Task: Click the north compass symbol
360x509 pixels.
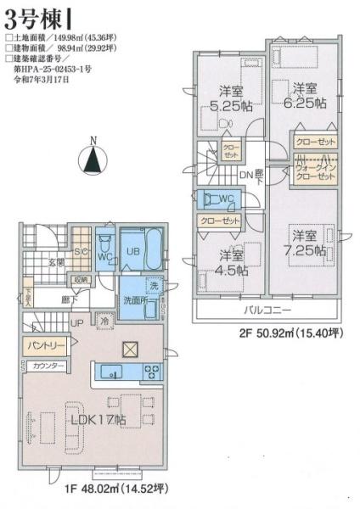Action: (94, 157)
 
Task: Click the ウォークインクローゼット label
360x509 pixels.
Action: (316, 171)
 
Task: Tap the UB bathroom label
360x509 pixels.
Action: (133, 253)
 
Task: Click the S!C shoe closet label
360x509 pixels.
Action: (80, 251)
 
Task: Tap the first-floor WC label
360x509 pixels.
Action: (105, 255)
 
